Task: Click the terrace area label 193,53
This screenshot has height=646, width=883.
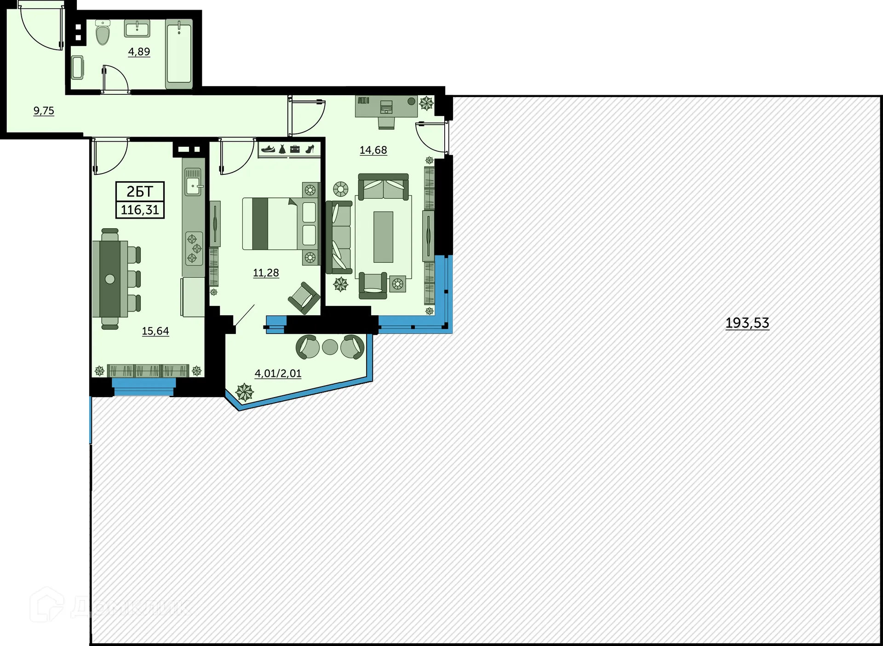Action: (x=747, y=323)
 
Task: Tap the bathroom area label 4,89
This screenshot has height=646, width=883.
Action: (x=139, y=52)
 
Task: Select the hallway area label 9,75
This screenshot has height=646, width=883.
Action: (x=44, y=111)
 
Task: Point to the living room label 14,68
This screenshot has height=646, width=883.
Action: (x=373, y=150)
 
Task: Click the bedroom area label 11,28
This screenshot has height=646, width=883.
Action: (x=266, y=273)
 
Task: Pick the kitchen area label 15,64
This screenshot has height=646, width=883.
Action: (x=155, y=331)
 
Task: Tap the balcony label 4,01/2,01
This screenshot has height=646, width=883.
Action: (x=278, y=373)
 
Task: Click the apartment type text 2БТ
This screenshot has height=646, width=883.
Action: (x=140, y=191)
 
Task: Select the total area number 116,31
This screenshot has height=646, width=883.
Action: (x=140, y=210)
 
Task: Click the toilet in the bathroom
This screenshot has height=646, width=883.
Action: (x=103, y=34)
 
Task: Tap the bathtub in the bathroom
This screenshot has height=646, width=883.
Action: (x=179, y=54)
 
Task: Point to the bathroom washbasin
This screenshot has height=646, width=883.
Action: (x=137, y=29)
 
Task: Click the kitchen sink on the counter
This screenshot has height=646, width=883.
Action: (x=193, y=182)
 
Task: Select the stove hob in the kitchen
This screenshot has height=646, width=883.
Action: (x=194, y=248)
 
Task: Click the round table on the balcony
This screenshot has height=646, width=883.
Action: (x=330, y=347)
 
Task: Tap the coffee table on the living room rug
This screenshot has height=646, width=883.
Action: (x=383, y=236)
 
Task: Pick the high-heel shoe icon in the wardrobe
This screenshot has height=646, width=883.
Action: (x=310, y=149)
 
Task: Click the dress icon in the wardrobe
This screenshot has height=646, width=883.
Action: (x=282, y=149)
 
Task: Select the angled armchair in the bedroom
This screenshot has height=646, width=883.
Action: (x=304, y=297)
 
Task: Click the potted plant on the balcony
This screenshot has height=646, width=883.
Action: (x=244, y=392)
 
